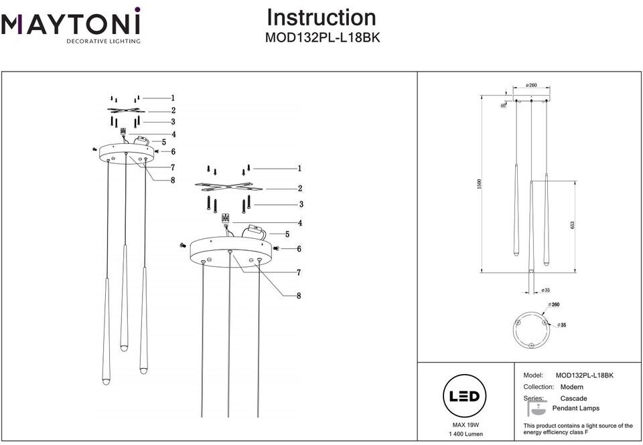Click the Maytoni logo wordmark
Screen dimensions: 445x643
click(x=70, y=25)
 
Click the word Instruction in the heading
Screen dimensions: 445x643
click(x=321, y=17)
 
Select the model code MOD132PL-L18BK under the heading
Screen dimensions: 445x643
click(x=323, y=38)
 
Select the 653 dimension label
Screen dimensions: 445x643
click(x=572, y=225)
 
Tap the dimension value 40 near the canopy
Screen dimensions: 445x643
click(x=502, y=105)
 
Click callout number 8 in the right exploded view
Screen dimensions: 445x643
click(x=299, y=295)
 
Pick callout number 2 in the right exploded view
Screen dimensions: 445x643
click(x=299, y=189)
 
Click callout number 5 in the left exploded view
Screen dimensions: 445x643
click(x=163, y=142)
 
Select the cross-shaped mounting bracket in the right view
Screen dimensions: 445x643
click(x=224, y=186)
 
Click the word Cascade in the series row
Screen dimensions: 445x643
click(x=573, y=398)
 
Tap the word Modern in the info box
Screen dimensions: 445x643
click(x=571, y=387)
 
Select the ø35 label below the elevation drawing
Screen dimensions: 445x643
click(x=545, y=290)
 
